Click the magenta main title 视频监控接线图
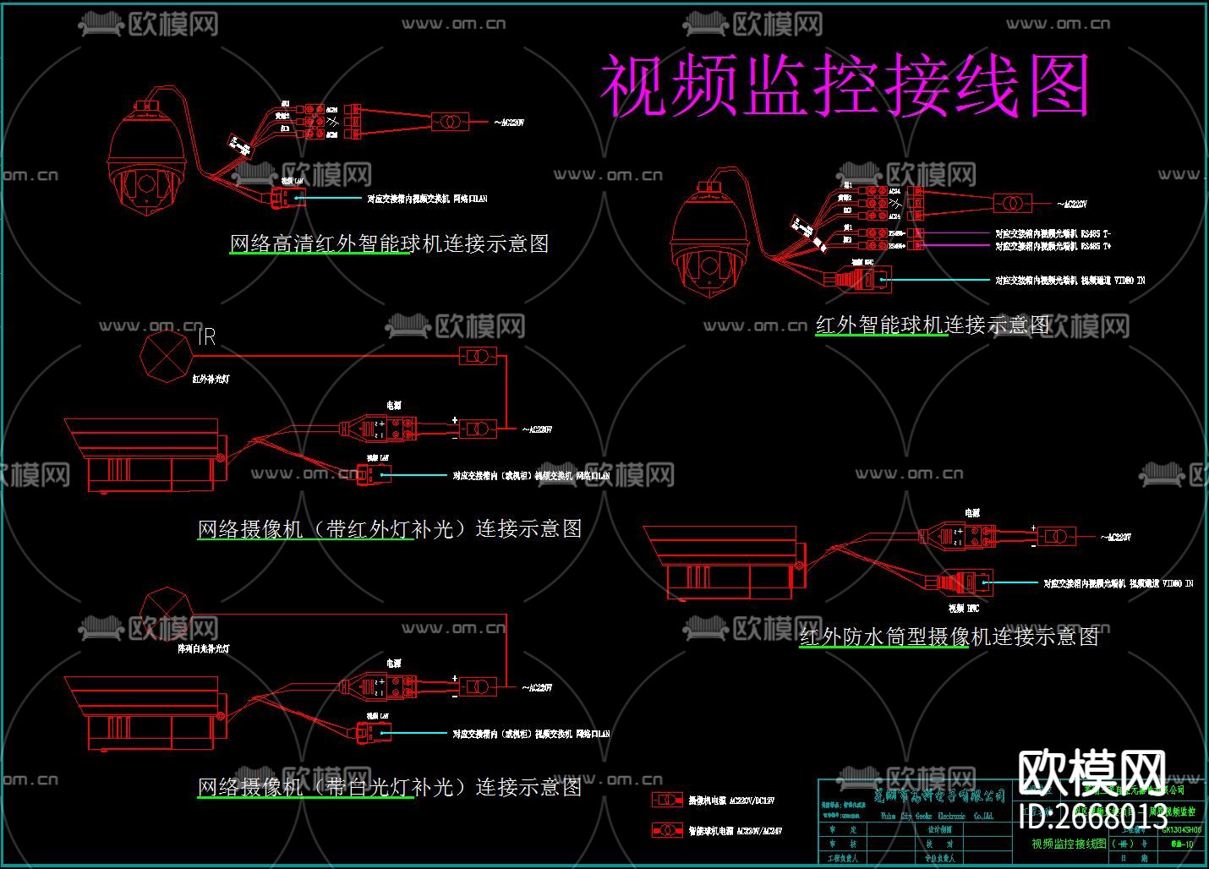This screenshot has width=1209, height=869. pyautogui.click(x=845, y=86)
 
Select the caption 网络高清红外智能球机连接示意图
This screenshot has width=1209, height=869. pyautogui.click(x=390, y=243)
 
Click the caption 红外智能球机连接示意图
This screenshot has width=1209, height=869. pyautogui.click(x=933, y=325)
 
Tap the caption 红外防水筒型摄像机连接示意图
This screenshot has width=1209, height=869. pyautogui.click(x=949, y=637)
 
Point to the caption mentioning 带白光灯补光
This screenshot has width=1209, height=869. pyautogui.click(x=390, y=787)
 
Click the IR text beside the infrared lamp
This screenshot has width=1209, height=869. pyautogui.click(x=207, y=337)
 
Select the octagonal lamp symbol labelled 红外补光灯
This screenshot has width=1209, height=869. pyautogui.click(x=167, y=355)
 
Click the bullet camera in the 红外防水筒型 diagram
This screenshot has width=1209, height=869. pyautogui.click(x=723, y=562)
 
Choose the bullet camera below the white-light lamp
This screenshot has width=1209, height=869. pyautogui.click(x=144, y=713)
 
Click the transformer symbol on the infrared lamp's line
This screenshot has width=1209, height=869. pyautogui.click(x=478, y=356)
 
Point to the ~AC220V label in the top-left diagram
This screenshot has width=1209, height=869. pyautogui.click(x=509, y=123)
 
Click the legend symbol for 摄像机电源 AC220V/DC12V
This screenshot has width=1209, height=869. pyautogui.click(x=667, y=800)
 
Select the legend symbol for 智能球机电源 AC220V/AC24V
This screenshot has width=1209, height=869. pyautogui.click(x=667, y=830)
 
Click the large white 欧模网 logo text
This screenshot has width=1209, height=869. pyautogui.click(x=1092, y=773)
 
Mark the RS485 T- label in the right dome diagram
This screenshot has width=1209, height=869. pyautogui.click(x=1053, y=233)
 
